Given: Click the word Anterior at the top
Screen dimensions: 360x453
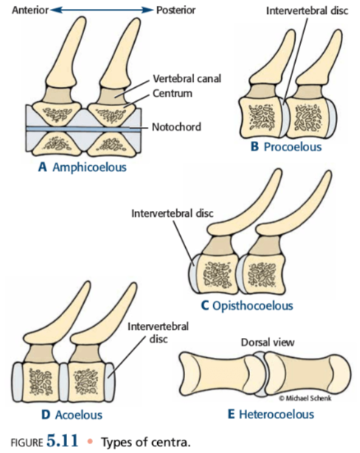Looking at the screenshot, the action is (30, 10).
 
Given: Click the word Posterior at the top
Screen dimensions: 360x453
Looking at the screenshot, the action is (176, 10).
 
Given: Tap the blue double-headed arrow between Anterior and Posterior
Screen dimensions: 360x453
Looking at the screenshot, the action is (102, 10).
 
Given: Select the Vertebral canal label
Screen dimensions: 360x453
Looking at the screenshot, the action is (187, 78).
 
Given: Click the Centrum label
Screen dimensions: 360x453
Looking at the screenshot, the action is (173, 93).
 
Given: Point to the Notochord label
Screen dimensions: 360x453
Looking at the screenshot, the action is (176, 127).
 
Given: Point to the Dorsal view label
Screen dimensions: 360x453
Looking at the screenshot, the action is (268, 342).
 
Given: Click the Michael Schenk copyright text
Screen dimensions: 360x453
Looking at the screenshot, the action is (305, 398).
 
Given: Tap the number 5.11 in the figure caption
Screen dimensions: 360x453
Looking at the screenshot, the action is (63, 441).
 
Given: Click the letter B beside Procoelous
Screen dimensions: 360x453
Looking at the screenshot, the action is (255, 147).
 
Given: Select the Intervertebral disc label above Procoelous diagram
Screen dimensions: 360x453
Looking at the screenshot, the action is (307, 10).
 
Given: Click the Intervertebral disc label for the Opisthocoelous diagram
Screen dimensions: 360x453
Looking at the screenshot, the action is (172, 213).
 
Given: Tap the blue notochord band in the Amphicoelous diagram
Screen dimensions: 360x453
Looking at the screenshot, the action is (84, 129).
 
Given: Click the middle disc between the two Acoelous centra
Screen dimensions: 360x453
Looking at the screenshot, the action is (63, 382).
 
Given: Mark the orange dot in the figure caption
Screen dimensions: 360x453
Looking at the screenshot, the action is (90, 441).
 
